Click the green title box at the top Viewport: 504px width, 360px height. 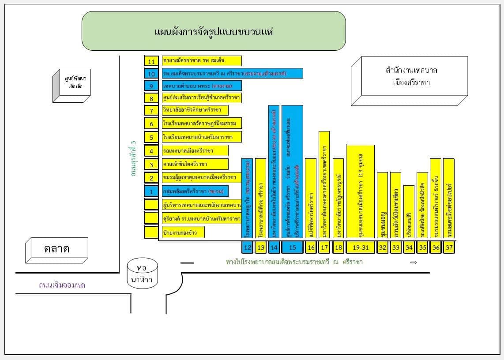click(x=214, y=31)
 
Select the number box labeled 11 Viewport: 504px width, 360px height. click(x=151, y=61)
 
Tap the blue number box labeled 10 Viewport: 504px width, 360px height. click(x=151, y=74)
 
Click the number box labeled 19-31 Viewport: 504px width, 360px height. click(x=360, y=247)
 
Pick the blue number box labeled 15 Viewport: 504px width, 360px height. click(x=292, y=247)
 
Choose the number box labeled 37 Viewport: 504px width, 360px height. click(x=449, y=247)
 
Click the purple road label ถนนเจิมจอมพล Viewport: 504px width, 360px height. click(x=62, y=285)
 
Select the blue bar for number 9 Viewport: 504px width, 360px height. click(x=202, y=86)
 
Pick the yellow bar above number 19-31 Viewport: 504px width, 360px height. click(x=360, y=192)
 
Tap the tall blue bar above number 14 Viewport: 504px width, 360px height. click(x=274, y=172)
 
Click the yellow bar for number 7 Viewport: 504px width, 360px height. click(x=202, y=110)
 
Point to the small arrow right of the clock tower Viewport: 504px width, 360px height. click(x=188, y=263)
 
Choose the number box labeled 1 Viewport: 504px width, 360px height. click(x=151, y=192)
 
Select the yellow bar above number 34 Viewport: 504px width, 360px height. click(x=409, y=212)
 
